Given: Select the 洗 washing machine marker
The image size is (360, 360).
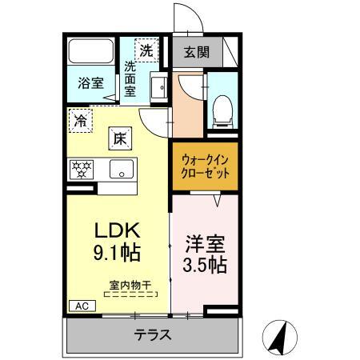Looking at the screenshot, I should [146, 50].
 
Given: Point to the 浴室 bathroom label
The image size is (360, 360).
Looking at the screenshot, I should [90, 83].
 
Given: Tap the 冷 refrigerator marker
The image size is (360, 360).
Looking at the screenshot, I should [81, 121].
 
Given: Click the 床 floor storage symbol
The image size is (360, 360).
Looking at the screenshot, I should [117, 138].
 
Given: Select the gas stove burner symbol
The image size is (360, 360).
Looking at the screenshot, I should [82, 170].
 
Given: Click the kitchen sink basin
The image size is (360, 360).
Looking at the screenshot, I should [122, 170].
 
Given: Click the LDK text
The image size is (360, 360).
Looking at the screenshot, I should [118, 232].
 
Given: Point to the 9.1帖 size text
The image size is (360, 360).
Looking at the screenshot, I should [118, 254].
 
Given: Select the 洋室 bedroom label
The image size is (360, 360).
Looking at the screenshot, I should [205, 241].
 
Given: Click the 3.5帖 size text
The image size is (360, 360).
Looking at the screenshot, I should [205, 264].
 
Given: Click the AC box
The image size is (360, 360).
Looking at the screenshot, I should [81, 306].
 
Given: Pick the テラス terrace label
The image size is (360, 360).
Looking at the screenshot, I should [151, 334].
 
